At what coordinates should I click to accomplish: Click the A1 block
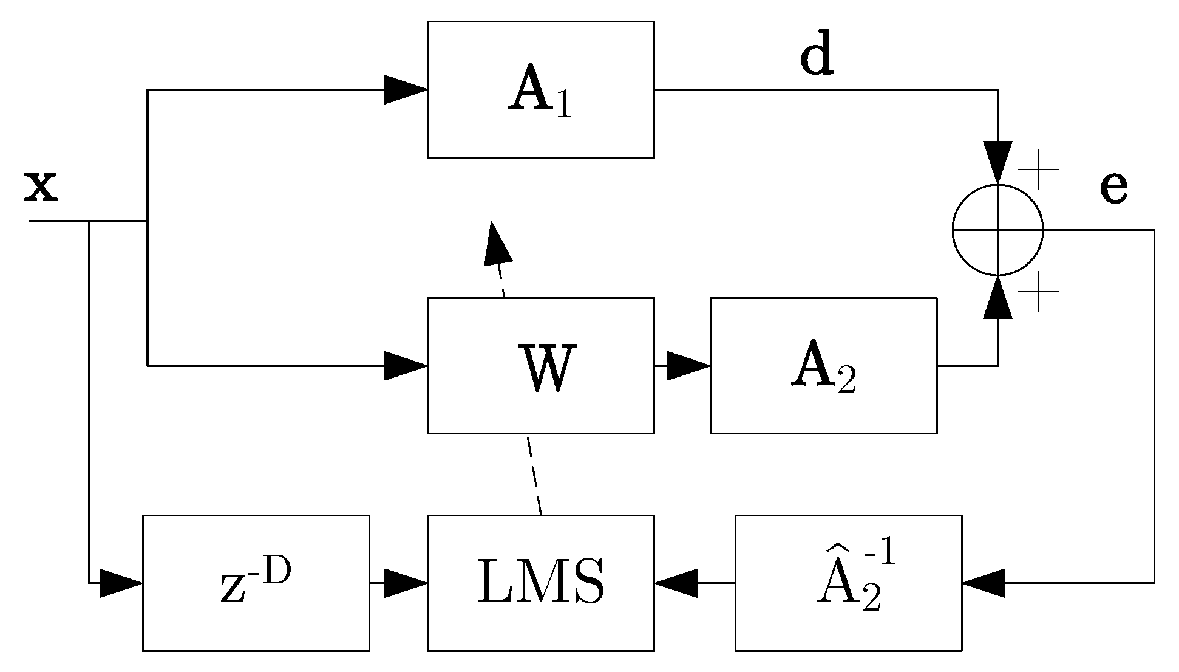pos(540,90)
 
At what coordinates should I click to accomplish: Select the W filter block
pos(540,366)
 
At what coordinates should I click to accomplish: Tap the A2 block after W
pos(823,366)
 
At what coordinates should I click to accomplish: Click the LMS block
pos(540,583)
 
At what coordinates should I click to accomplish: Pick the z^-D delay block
pos(256,583)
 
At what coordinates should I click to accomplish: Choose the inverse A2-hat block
pos(848,583)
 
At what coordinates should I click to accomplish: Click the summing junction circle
pos(997,230)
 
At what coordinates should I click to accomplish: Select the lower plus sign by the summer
pos(1038,292)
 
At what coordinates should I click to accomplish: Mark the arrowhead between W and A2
pos(688,366)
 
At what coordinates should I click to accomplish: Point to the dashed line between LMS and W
pos(534,474)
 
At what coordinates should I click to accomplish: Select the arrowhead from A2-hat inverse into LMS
pos(676,583)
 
